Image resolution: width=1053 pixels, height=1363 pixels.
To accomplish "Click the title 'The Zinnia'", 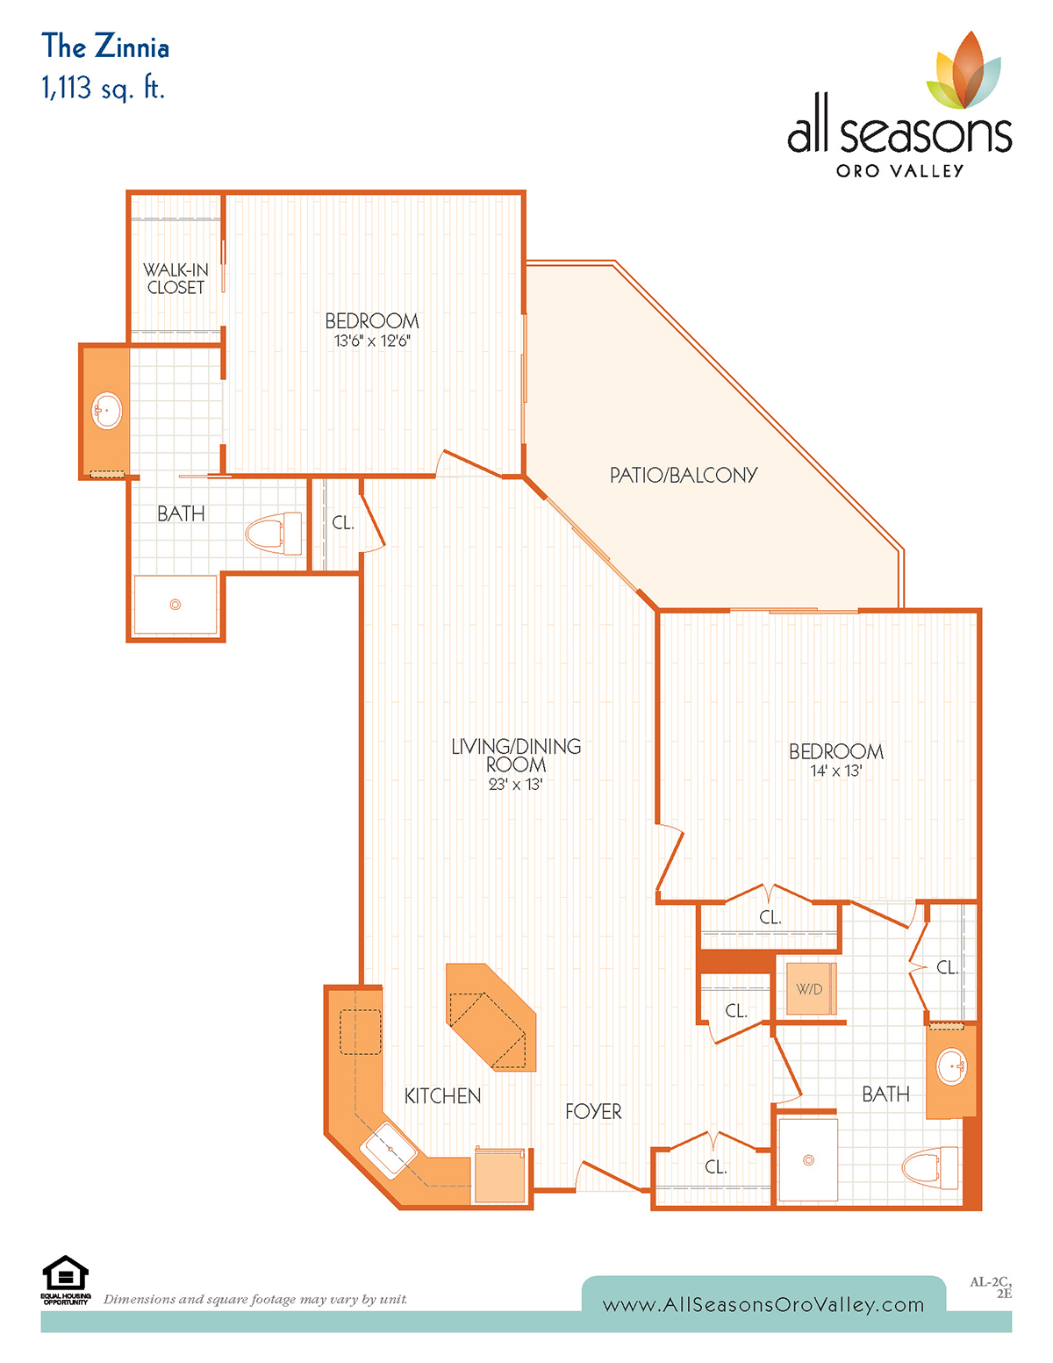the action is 104,47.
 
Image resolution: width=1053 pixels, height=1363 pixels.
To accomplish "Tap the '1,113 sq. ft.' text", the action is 103,87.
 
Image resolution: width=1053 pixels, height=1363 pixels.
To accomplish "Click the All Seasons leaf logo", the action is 963,70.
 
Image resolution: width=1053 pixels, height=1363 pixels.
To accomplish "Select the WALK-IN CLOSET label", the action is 175,278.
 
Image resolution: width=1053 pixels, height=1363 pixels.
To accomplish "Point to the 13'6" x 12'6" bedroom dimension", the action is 372,341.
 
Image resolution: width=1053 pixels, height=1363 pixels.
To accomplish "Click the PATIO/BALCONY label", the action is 683,475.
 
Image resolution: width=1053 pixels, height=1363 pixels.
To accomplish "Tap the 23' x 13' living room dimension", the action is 515,784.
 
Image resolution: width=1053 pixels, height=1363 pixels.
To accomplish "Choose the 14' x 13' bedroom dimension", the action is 836,771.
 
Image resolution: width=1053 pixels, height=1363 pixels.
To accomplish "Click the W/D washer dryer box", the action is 812,988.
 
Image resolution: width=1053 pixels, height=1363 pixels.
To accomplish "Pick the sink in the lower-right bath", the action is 952,1066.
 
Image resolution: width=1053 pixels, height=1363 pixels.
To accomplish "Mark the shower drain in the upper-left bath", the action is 175,605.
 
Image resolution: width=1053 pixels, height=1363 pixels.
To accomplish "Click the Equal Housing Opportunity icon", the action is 65,1281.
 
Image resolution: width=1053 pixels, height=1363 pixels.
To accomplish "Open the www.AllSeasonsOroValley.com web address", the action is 763,1305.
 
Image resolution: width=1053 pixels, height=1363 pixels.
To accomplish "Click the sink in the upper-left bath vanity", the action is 107,411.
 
